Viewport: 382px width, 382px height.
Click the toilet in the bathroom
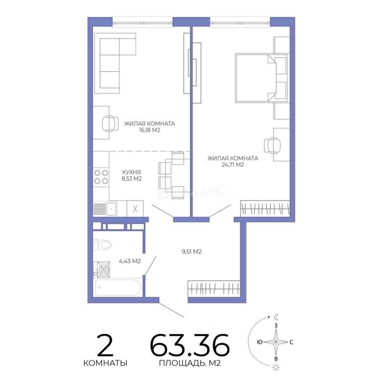point(102,245)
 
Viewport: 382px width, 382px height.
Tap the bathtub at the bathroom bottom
point(118,288)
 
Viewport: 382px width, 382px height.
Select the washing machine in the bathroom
point(104,270)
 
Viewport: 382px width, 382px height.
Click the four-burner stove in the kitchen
point(101,177)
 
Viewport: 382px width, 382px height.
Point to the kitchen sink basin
point(111,209)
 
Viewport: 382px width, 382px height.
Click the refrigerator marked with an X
point(135,209)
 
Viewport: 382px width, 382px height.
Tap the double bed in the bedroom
point(261,78)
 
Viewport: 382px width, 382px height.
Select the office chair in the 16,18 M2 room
point(110,123)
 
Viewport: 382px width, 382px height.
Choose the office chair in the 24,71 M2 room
point(272,146)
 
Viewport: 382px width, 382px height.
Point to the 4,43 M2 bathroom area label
point(129,261)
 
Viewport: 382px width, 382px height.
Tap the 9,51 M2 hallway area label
point(191,251)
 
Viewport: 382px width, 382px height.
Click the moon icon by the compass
point(276,317)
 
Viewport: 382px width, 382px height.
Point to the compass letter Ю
point(260,342)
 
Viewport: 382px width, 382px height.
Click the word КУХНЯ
point(132,172)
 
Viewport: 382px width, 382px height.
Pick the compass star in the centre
point(276,342)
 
